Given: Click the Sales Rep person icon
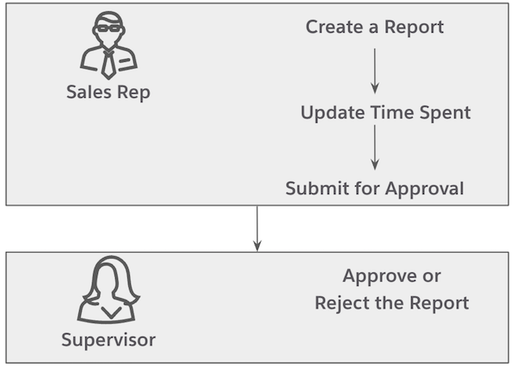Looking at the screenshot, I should (108, 47).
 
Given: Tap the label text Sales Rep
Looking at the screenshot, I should (108, 93).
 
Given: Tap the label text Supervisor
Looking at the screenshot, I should (108, 339).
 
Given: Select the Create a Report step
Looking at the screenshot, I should (375, 27).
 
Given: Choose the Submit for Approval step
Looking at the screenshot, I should (375, 188).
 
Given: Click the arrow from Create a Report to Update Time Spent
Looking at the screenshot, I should (375, 70).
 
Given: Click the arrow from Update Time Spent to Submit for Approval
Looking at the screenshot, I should (375, 149).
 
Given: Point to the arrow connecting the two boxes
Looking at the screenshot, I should (256, 229).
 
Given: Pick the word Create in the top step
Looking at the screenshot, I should (331, 27).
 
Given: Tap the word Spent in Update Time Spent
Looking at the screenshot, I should (446, 113).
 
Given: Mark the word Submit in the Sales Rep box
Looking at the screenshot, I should (312, 188).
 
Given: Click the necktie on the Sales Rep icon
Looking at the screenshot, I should (108, 63).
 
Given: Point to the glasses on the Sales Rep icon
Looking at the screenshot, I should (108, 27).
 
